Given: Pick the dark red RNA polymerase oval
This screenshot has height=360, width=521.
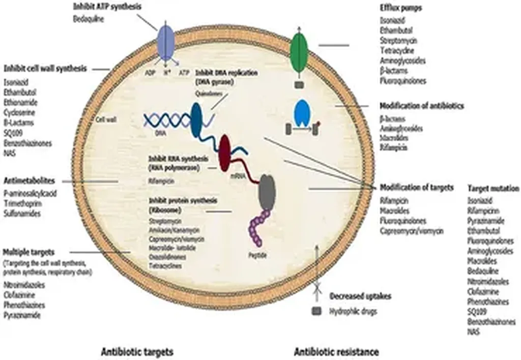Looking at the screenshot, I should [224, 153].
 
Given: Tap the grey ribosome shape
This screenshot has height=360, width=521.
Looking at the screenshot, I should [267, 193].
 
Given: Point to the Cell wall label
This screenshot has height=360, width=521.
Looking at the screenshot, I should [106, 120].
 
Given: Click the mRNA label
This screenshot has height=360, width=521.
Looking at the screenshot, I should [238, 176].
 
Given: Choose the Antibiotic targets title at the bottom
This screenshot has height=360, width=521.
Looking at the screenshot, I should [137, 351].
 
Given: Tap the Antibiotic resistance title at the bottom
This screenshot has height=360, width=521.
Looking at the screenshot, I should [336, 351].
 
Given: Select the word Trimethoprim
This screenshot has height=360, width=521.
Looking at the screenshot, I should [23, 203].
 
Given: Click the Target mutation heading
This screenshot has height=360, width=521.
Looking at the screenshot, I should [493, 188].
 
